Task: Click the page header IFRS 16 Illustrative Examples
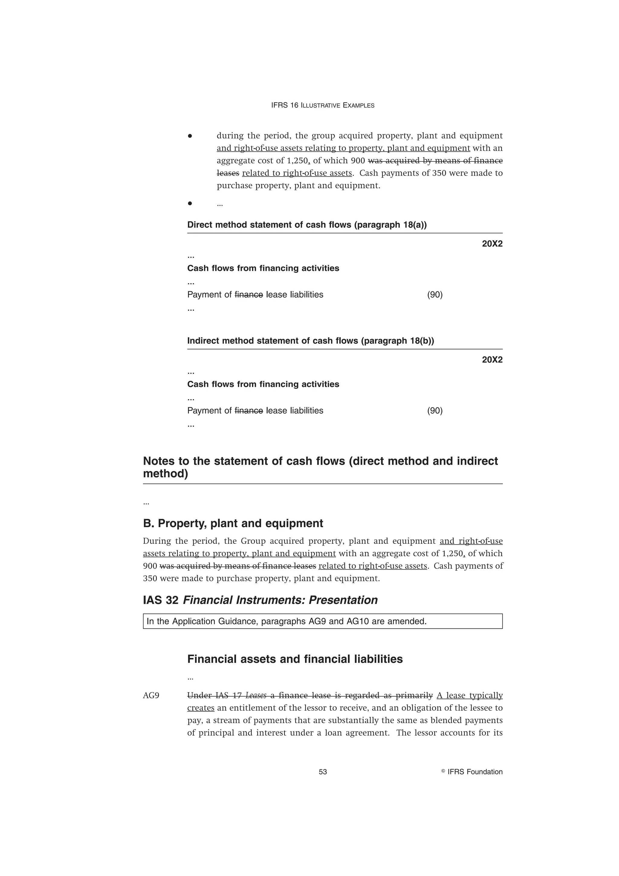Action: pyautogui.click(x=323, y=105)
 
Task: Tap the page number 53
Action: pyautogui.click(x=323, y=772)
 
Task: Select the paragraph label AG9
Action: pyautogui.click(x=151, y=696)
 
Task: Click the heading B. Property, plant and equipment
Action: pyautogui.click(x=233, y=523)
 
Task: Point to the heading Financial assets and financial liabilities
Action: pyautogui.click(x=295, y=659)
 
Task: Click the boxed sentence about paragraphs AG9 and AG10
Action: pyautogui.click(x=287, y=621)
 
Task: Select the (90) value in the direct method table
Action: pyautogui.click(x=435, y=294)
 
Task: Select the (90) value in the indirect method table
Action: pyautogui.click(x=435, y=410)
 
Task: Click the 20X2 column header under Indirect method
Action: pyautogui.click(x=492, y=360)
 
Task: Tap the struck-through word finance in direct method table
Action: pyautogui.click(x=249, y=294)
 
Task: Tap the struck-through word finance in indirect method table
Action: pyautogui.click(x=249, y=410)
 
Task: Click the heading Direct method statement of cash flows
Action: pyautogui.click(x=307, y=225)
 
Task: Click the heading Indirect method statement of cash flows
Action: pyautogui.click(x=310, y=341)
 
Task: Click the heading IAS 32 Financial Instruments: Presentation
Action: pyautogui.click(x=260, y=600)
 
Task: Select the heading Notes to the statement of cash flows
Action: pyautogui.click(x=320, y=467)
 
